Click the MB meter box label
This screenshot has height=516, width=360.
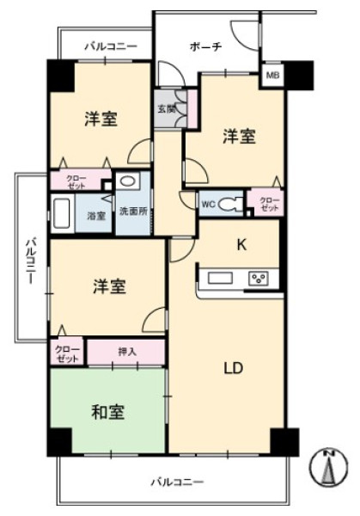pyautogui.click(x=272, y=77)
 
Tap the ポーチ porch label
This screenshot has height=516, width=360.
pyautogui.click(x=207, y=46)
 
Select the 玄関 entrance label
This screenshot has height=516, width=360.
pyautogui.click(x=165, y=108)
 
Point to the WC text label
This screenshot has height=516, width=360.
pyautogui.click(x=208, y=206)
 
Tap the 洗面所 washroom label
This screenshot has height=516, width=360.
pyautogui.click(x=133, y=212)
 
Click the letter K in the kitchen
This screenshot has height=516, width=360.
pyautogui.click(x=242, y=243)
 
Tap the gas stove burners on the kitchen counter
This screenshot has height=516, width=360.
pyautogui.click(x=259, y=278)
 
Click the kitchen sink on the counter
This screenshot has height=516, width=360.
pyautogui.click(x=218, y=278)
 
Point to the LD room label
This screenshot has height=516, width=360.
pyautogui.click(x=234, y=369)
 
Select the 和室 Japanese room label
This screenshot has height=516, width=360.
pyautogui.click(x=108, y=411)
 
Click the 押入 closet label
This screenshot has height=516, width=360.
pyautogui.click(x=125, y=352)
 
